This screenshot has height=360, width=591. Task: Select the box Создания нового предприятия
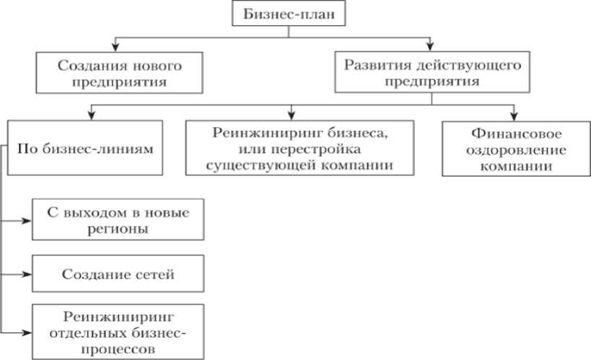(118, 73)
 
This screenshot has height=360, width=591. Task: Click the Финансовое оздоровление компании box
(514, 149)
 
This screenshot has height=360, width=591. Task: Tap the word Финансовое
(514, 133)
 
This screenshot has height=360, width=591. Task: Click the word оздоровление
(514, 150)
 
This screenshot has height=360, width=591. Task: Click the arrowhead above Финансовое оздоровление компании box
(514, 115)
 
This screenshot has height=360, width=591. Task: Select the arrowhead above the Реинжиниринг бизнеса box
(291, 115)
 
